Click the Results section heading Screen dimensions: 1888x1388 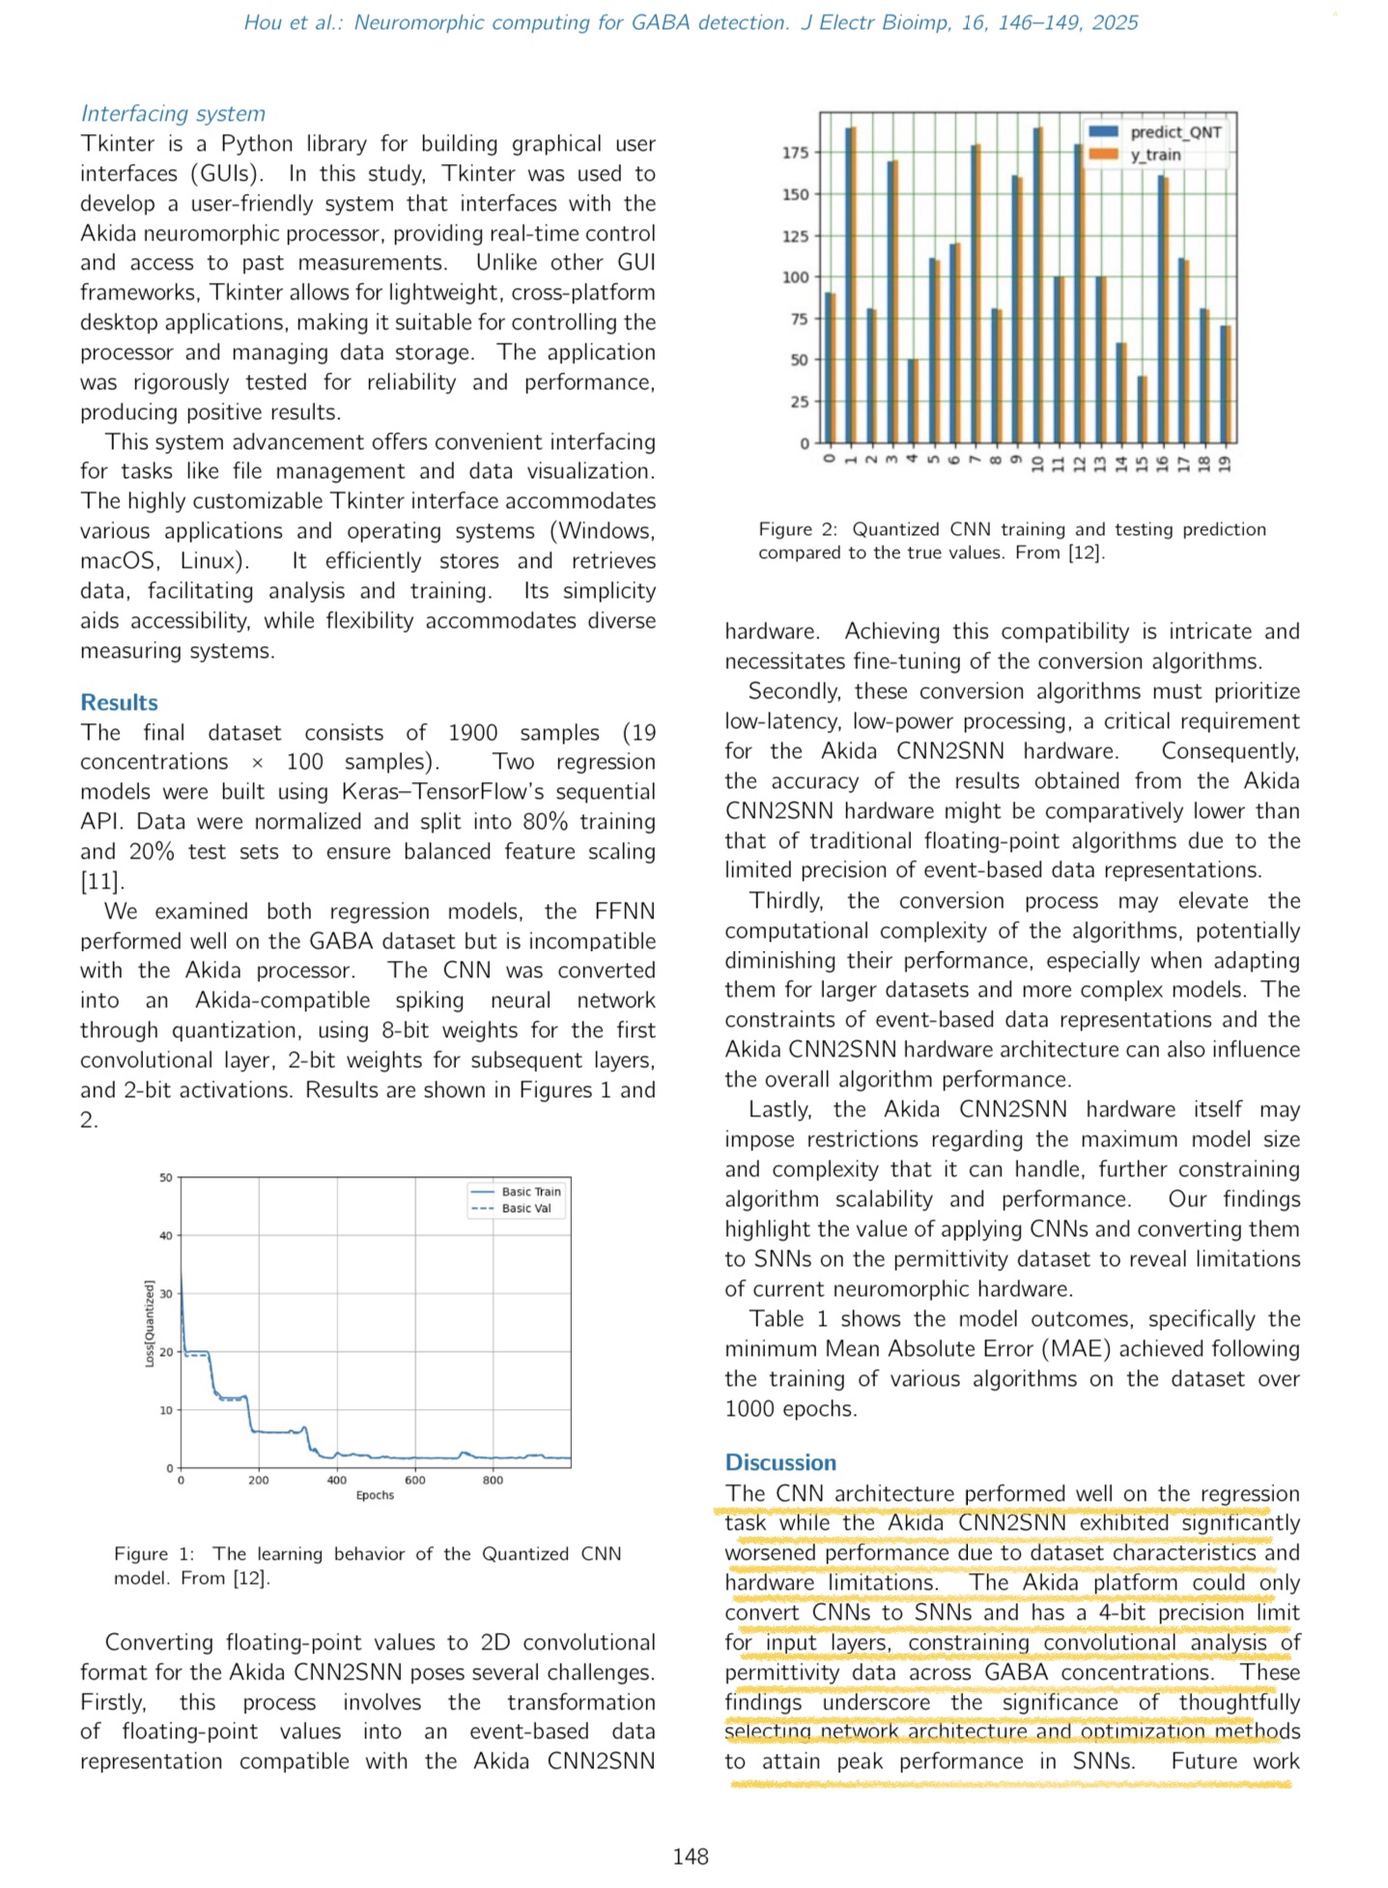click(119, 702)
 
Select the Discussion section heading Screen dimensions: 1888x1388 click(780, 1462)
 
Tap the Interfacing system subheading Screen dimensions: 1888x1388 click(173, 113)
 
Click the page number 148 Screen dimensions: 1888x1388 click(691, 1856)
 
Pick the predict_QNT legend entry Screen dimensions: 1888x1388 click(1175, 132)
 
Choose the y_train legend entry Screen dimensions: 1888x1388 click(1155, 155)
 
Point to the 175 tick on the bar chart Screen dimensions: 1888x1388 click(795, 153)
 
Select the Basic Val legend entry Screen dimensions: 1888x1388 click(525, 1208)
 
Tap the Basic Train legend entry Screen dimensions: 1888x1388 click(530, 1192)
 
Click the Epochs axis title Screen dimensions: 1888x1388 click(375, 1495)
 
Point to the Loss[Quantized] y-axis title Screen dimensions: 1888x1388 click(150, 1323)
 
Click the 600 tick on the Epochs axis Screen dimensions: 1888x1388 click(414, 1479)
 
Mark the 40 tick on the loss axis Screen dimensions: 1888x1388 click(166, 1236)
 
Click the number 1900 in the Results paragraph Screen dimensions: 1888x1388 click(472, 732)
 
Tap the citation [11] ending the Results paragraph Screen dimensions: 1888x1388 click(100, 881)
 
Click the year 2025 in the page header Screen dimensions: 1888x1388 click(1115, 22)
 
